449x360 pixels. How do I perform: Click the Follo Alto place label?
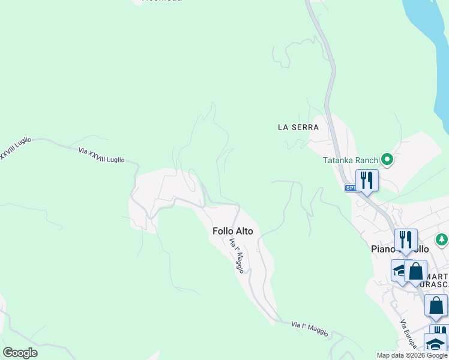pos(233,231)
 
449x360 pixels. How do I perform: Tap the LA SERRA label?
pos(298,127)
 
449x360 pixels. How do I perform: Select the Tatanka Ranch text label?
pos(350,160)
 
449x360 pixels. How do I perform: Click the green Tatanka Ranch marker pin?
pos(387,160)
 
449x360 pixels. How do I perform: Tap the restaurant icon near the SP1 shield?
pos(367,179)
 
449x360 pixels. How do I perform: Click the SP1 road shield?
pos(351,188)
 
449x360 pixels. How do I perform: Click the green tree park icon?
pos(442,240)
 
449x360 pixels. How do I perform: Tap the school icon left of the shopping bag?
pos(399,271)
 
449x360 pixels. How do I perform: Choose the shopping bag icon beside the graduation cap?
pos(415,271)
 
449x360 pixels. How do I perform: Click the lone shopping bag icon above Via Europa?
pos(436,304)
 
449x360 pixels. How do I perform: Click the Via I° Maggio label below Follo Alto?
pos(237,256)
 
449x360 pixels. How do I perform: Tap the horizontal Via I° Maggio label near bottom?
pos(310,328)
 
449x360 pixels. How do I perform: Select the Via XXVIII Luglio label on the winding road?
pos(101,155)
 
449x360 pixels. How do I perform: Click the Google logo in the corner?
pos(20,353)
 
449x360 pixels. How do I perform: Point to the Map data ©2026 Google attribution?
pos(412,355)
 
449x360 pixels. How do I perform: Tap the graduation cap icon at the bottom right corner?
pos(436,344)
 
